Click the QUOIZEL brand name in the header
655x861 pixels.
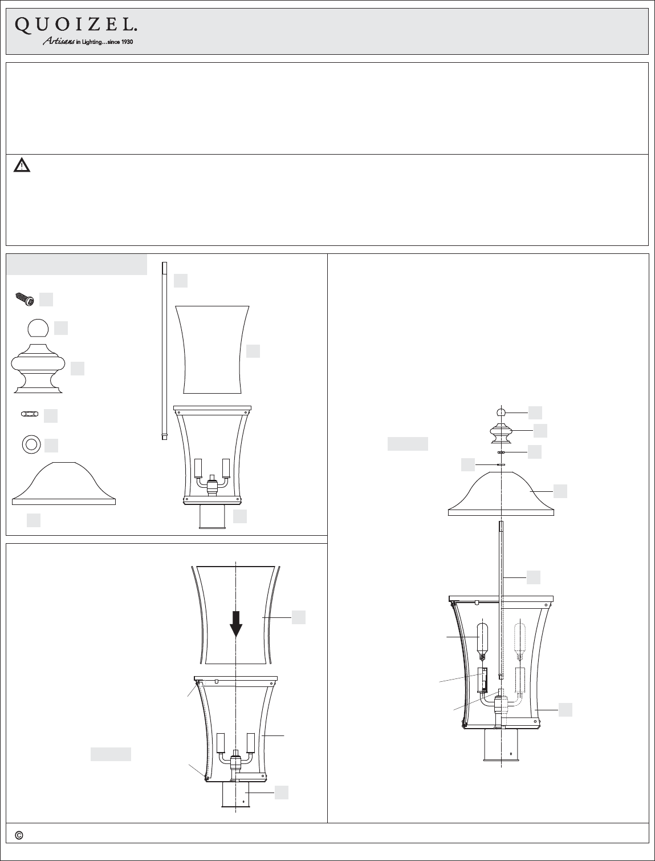pyautogui.click(x=76, y=26)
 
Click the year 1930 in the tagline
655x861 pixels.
pyautogui.click(x=127, y=42)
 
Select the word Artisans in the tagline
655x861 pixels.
pyautogui.click(x=59, y=41)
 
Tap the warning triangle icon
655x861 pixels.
pyautogui.click(x=22, y=165)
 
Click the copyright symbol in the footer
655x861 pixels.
pyautogui.click(x=19, y=835)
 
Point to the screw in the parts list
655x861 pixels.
pyautogui.click(x=25, y=300)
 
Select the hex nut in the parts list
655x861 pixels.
pyautogui.click(x=30, y=414)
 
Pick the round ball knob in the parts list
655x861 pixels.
pyautogui.click(x=38, y=328)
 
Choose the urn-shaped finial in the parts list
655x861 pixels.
pyautogui.click(x=38, y=369)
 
